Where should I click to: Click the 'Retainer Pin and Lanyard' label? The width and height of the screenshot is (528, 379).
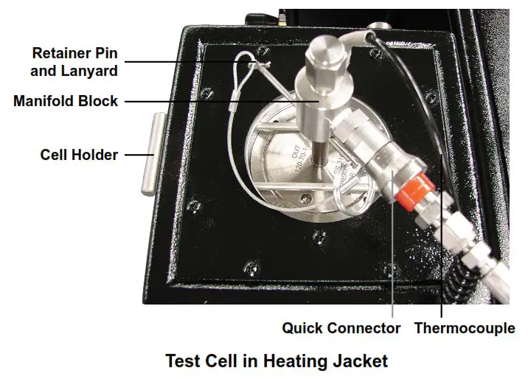click(74, 62)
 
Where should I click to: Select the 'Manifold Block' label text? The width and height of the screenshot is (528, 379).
click(66, 101)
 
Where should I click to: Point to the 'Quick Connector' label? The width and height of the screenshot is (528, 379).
click(341, 328)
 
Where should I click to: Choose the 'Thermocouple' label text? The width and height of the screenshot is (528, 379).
click(464, 328)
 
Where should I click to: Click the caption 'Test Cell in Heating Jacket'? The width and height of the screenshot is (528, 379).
click(276, 361)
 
